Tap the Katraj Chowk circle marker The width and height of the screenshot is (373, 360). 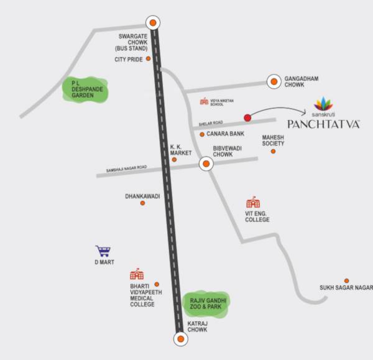click(180, 339)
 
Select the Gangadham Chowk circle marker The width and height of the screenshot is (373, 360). click(274, 81)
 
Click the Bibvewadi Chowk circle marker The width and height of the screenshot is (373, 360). click(205, 164)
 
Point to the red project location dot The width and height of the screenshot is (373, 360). click(247, 117)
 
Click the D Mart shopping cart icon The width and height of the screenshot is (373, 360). click(103, 252)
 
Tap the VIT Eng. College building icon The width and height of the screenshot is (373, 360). click(253, 203)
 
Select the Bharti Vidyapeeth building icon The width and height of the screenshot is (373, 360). click(136, 274)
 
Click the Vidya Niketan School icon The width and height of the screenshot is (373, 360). click(203, 101)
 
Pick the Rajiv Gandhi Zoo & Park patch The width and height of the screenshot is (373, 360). click(206, 304)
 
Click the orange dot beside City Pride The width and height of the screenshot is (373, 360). click(149, 60)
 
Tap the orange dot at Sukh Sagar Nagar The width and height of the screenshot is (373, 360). click(346, 280)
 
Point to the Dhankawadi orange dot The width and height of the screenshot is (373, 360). click(142, 203)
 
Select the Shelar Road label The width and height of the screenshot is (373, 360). click(211, 122)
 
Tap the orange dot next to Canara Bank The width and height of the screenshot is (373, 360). click(202, 134)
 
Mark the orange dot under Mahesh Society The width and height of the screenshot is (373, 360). click(272, 150)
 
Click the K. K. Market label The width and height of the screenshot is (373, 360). click(182, 150)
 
